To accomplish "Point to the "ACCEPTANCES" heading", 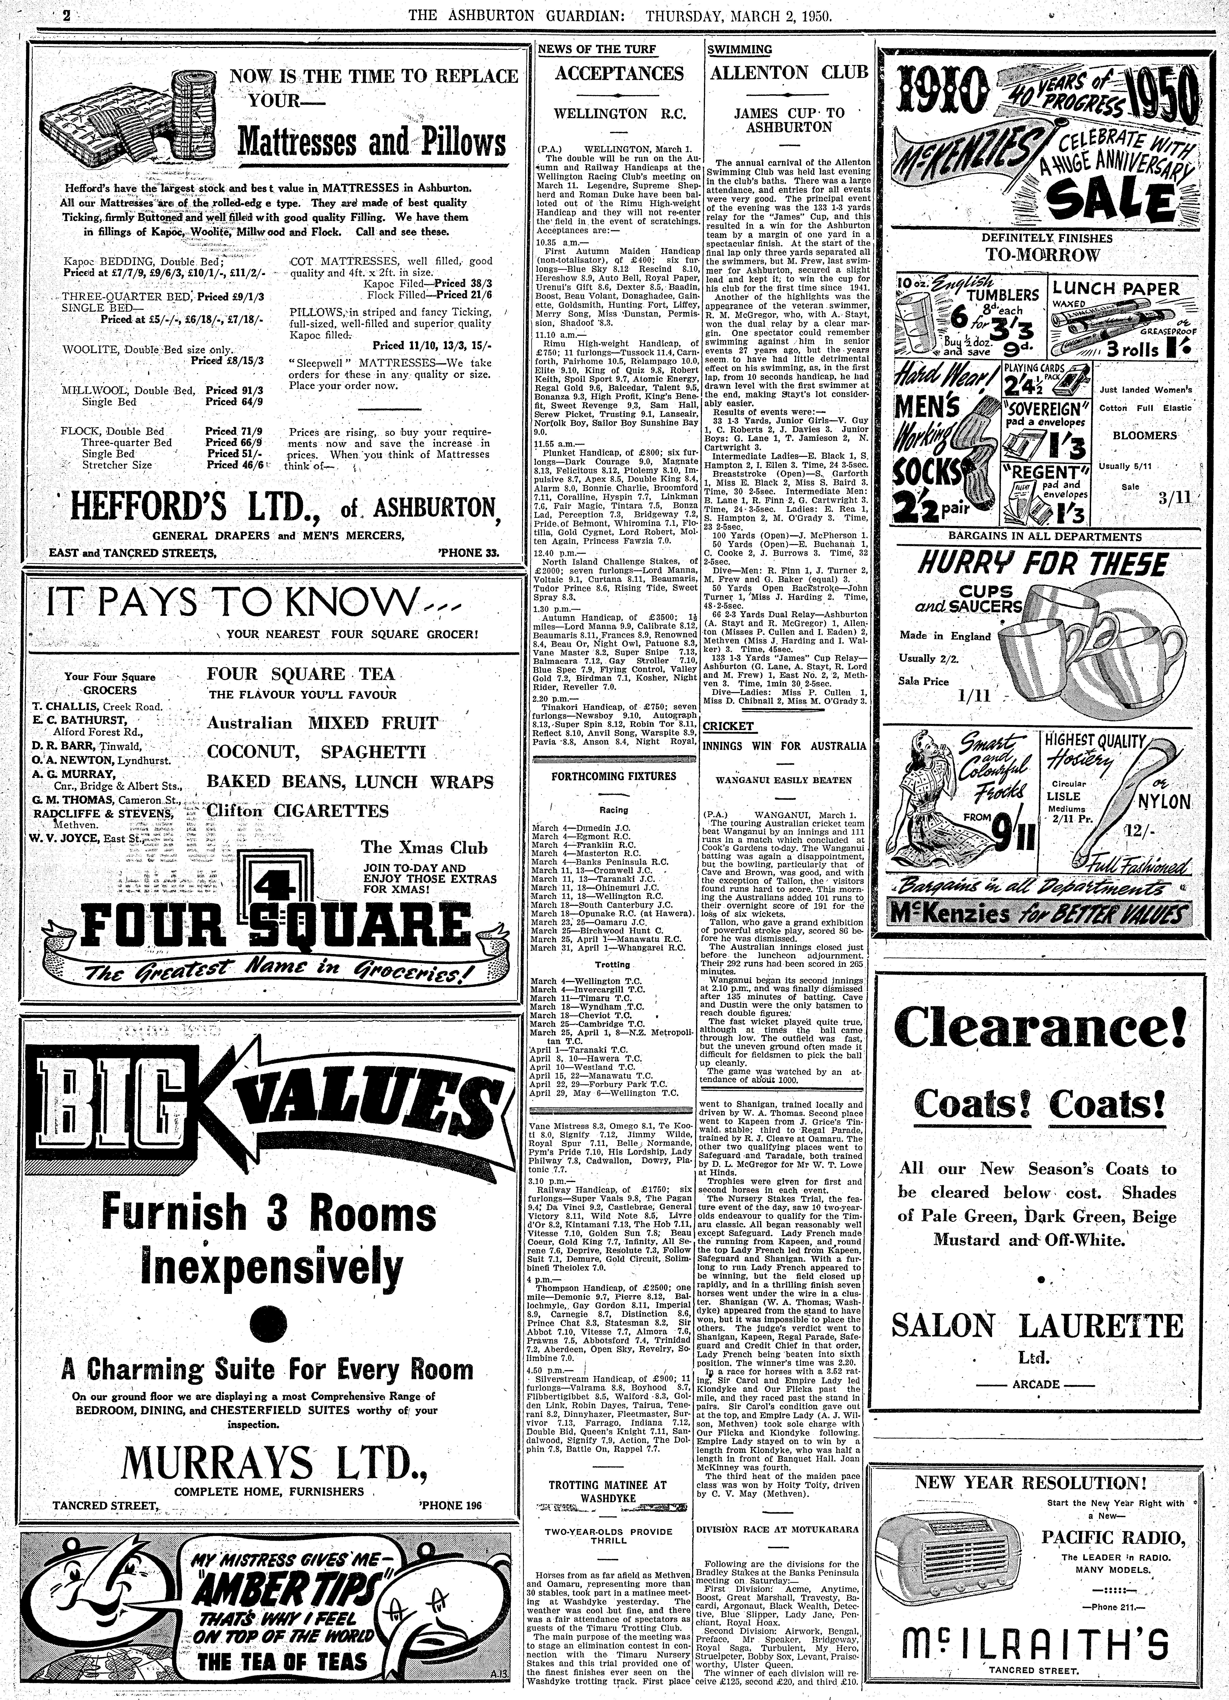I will click(619, 74).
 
